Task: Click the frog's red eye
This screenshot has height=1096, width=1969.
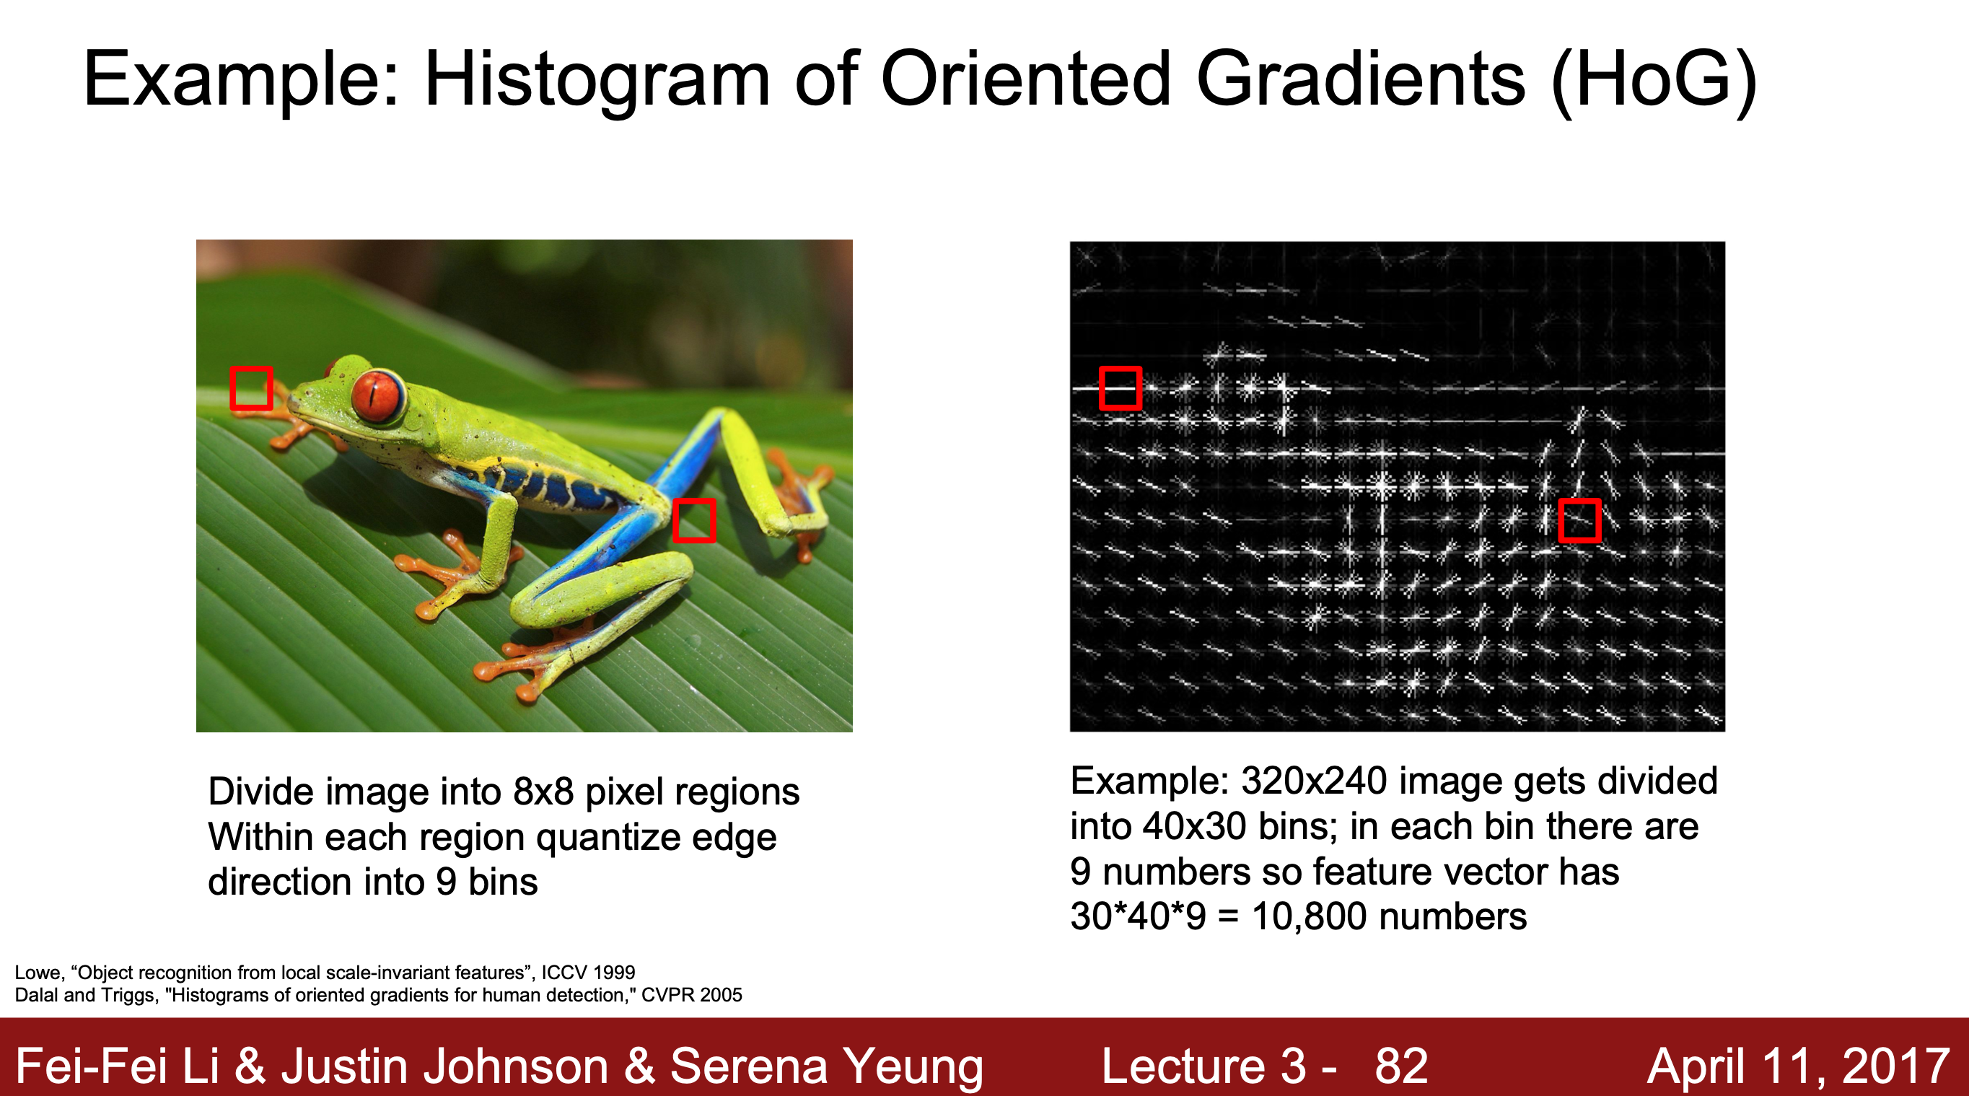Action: click(x=376, y=395)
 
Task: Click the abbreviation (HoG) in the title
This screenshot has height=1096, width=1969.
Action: click(x=1655, y=80)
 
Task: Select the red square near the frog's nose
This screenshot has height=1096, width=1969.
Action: click(x=252, y=388)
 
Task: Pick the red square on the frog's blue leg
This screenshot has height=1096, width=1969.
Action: click(x=694, y=520)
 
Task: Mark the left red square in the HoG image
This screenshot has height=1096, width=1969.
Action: click(x=1121, y=388)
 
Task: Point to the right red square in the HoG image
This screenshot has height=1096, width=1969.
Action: click(x=1580, y=520)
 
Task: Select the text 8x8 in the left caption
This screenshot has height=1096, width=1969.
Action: click(x=543, y=791)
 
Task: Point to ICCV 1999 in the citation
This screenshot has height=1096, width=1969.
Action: click(x=589, y=972)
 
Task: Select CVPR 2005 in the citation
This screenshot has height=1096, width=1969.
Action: click(x=692, y=995)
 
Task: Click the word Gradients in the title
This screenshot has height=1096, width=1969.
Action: click(x=1361, y=80)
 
